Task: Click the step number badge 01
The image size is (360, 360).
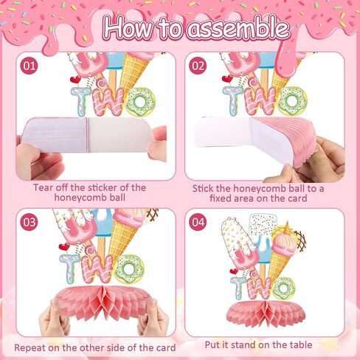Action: pos(29,66)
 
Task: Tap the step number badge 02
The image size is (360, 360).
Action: pos(198,66)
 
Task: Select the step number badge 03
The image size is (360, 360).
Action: pos(29,222)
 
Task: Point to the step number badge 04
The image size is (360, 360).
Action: pos(198,222)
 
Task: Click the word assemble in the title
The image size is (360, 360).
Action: pos(238,28)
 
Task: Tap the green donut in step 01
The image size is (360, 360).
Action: pos(140,102)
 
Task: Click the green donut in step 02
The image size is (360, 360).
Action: pos(293,100)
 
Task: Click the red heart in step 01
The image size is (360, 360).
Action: pos(75,80)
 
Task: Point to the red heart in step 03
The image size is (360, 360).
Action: pos(64,246)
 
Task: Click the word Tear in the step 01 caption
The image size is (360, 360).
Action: pos(44,187)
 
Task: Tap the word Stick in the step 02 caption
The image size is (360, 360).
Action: pos(203,189)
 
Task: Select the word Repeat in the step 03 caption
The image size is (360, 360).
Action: pos(30,348)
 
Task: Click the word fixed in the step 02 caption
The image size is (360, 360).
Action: pos(221,198)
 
